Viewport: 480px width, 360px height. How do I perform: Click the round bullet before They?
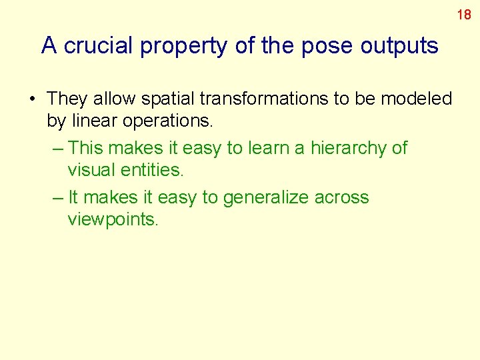(x=32, y=99)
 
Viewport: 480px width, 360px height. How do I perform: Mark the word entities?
(x=153, y=170)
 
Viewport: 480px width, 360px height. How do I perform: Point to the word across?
(x=342, y=198)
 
